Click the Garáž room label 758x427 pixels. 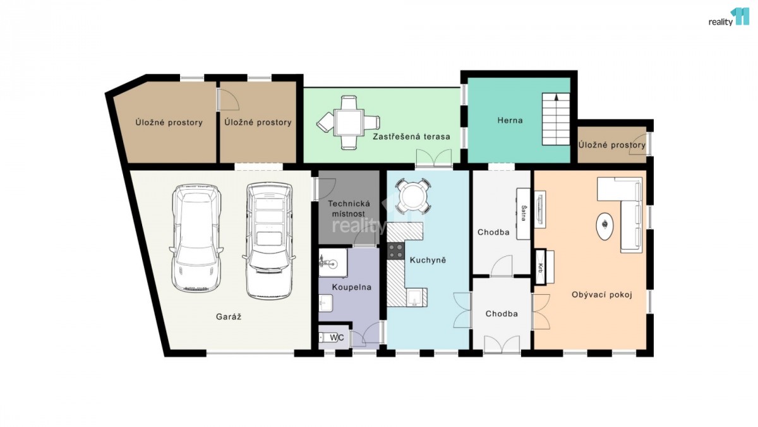(229, 317)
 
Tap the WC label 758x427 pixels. (337, 338)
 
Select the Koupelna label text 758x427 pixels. (352, 287)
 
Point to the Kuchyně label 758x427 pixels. (428, 260)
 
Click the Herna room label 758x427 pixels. (510, 120)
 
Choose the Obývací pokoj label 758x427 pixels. (602, 295)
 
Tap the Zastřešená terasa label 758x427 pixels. (411, 137)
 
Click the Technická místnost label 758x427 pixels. (349, 209)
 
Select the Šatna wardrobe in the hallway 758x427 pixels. (523, 214)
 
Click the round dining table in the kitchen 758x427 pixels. (412, 197)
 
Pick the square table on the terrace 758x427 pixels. (349, 122)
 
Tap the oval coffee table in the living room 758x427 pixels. (605, 226)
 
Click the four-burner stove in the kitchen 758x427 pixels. (395, 251)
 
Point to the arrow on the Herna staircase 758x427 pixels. (556, 97)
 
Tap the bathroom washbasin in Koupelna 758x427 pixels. (325, 303)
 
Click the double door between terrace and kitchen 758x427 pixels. (434, 158)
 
